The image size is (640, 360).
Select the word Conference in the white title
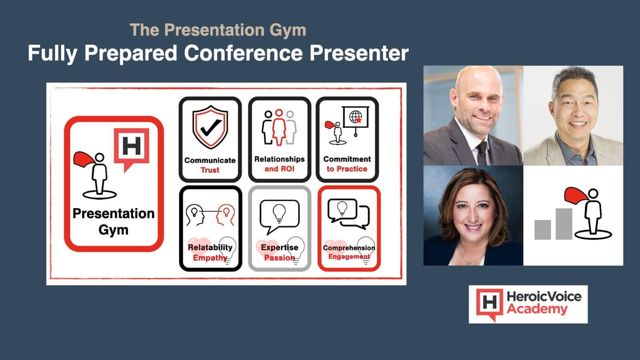(243, 53)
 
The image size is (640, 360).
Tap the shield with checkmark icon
(210, 127)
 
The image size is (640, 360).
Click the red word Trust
(210, 170)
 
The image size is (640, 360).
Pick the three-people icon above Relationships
(279, 128)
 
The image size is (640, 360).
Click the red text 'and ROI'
(279, 169)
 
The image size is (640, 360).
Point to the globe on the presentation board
(356, 117)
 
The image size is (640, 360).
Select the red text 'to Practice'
(347, 169)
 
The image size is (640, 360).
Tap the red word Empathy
(210, 258)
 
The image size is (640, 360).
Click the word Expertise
(280, 247)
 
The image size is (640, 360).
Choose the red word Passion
(280, 258)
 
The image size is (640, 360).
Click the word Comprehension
(349, 248)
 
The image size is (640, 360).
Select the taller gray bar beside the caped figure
(564, 224)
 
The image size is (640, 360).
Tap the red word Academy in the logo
(537, 310)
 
